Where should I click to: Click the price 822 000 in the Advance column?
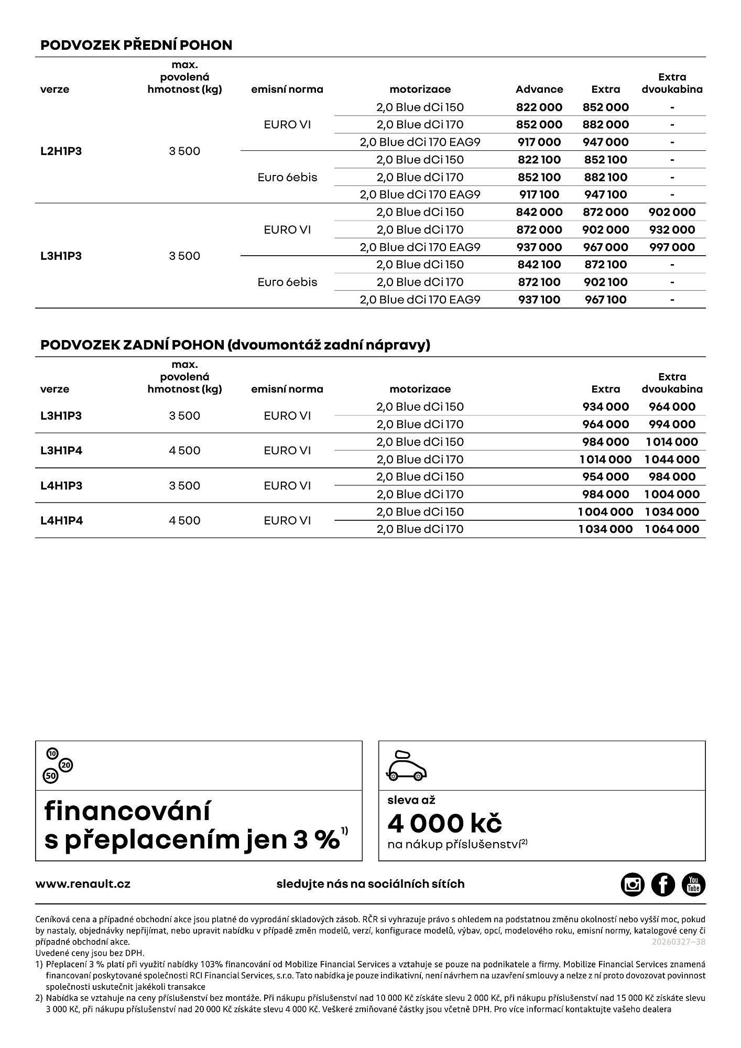tap(539, 107)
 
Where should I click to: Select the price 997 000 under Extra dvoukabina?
tap(672, 247)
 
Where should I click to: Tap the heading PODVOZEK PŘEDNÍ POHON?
tap(136, 45)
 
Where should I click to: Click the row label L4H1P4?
tap(61, 520)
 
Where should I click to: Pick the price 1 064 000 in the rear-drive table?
tap(672, 529)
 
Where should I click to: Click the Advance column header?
tap(539, 90)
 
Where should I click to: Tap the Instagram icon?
tap(633, 885)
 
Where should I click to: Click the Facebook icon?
tap(663, 885)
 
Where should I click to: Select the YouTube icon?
tap(693, 885)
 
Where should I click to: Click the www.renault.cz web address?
tap(83, 884)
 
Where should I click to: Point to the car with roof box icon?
tap(407, 766)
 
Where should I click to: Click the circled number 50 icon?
tap(51, 776)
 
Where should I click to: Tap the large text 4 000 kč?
tap(444, 823)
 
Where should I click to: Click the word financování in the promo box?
tap(127, 811)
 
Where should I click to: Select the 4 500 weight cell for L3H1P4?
tap(184, 451)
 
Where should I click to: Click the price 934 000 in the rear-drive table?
tap(605, 407)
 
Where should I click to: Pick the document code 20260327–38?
tap(678, 942)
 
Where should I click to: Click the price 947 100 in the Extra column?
tap(605, 195)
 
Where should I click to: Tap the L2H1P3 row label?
tap(61, 151)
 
